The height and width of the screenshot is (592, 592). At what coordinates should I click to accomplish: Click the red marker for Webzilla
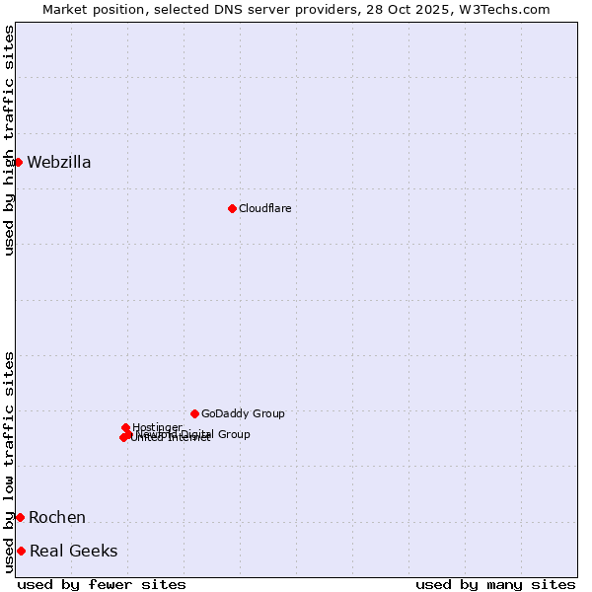click(x=18, y=162)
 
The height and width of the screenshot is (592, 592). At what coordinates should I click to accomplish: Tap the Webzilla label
click(x=59, y=163)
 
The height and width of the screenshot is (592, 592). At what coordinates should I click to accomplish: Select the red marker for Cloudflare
click(x=232, y=208)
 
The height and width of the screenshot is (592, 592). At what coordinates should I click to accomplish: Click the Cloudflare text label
click(x=264, y=209)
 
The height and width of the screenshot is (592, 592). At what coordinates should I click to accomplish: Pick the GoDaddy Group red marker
click(x=194, y=413)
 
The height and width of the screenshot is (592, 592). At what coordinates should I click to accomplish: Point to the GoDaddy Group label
click(x=243, y=414)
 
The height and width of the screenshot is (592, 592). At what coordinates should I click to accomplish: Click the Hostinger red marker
click(x=125, y=427)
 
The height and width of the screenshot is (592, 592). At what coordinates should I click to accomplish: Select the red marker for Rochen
click(x=20, y=517)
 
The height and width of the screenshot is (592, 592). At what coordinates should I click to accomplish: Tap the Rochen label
click(x=57, y=518)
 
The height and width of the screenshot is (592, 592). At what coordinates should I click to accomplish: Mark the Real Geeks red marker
click(x=21, y=551)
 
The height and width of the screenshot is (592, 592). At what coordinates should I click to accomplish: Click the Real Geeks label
click(x=74, y=552)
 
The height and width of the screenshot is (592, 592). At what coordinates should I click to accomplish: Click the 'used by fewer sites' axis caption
click(x=102, y=584)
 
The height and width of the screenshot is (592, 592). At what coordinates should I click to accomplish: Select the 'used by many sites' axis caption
click(x=495, y=584)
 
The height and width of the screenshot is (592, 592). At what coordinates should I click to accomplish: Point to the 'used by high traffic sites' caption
click(x=9, y=140)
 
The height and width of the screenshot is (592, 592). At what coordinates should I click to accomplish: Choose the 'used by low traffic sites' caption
click(x=9, y=462)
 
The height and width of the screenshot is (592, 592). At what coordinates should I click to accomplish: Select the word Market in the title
click(x=64, y=9)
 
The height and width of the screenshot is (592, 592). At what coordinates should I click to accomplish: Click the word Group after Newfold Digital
click(x=234, y=434)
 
